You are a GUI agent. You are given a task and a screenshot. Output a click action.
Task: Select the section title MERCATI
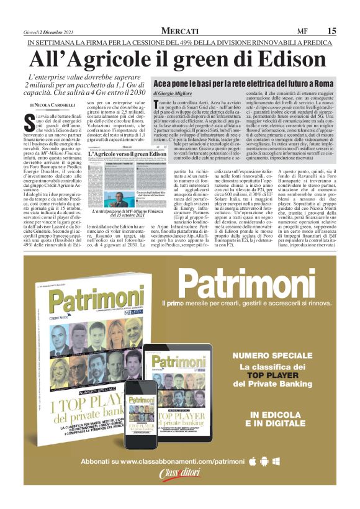point(179,31)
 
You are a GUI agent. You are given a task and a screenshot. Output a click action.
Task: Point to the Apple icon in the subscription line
point(252,479)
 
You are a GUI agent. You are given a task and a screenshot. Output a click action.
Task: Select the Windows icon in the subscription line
point(276,479)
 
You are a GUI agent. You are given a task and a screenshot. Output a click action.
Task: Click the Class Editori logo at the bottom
point(180,495)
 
